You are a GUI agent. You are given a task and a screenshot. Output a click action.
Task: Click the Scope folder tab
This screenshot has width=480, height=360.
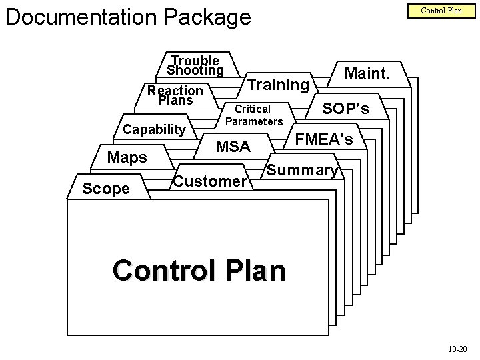pyautogui.click(x=106, y=189)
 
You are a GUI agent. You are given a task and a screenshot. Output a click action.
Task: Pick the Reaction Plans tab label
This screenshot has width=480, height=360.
pyautogui.click(x=175, y=95)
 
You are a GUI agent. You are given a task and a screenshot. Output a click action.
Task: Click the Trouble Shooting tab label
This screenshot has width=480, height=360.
pyautogui.click(x=195, y=65)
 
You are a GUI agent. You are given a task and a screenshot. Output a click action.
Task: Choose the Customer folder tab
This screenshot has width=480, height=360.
pyautogui.click(x=210, y=181)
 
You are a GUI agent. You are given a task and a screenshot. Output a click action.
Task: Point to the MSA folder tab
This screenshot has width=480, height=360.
pyautogui.click(x=233, y=146)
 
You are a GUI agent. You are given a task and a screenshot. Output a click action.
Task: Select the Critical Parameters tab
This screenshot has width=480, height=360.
pyautogui.click(x=254, y=115)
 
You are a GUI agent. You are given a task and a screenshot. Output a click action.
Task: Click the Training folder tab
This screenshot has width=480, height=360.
pyautogui.click(x=278, y=85)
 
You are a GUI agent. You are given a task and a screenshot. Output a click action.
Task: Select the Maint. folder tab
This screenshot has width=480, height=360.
pyautogui.click(x=367, y=73)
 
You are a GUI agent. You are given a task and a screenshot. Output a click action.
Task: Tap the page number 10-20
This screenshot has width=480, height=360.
pyautogui.click(x=457, y=348)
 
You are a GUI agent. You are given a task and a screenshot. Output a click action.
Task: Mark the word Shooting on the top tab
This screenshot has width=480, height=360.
pyautogui.click(x=195, y=70)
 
